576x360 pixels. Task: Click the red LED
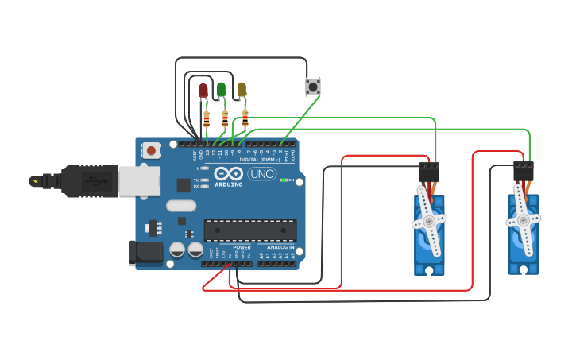pyautogui.click(x=203, y=91)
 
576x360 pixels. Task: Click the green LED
pyautogui.click(x=222, y=90)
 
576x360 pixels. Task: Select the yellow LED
pyautogui.click(x=242, y=90)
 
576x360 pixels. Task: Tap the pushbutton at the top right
pyautogui.click(x=313, y=86)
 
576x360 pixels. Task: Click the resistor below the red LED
pyautogui.click(x=207, y=119)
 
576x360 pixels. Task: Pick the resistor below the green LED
pyautogui.click(x=225, y=119)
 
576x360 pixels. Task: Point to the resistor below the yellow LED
pyautogui.click(x=245, y=118)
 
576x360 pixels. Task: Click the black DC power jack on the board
pyautogui.click(x=145, y=253)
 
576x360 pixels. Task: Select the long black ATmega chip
pyautogui.click(x=250, y=230)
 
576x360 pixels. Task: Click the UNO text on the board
pyautogui.click(x=262, y=174)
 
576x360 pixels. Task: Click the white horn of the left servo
pyautogui.click(x=429, y=221)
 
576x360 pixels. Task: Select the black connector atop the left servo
pyautogui.click(x=429, y=172)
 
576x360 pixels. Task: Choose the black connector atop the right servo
pyautogui.click(x=524, y=171)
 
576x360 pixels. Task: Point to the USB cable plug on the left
pyautogui.click(x=79, y=180)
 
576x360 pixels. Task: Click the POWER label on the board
pyautogui.click(x=242, y=247)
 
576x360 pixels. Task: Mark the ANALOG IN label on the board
pyautogui.click(x=280, y=247)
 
